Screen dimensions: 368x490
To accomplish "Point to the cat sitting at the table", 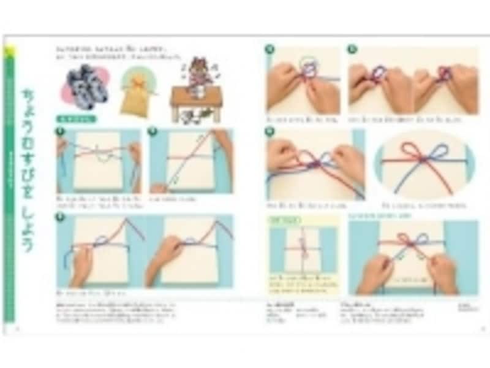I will point(197,73).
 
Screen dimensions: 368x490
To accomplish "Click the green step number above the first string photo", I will point(60,130).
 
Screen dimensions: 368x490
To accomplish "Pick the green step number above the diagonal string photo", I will point(153,130).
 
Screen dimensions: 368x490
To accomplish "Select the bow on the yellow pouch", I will point(137,82).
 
